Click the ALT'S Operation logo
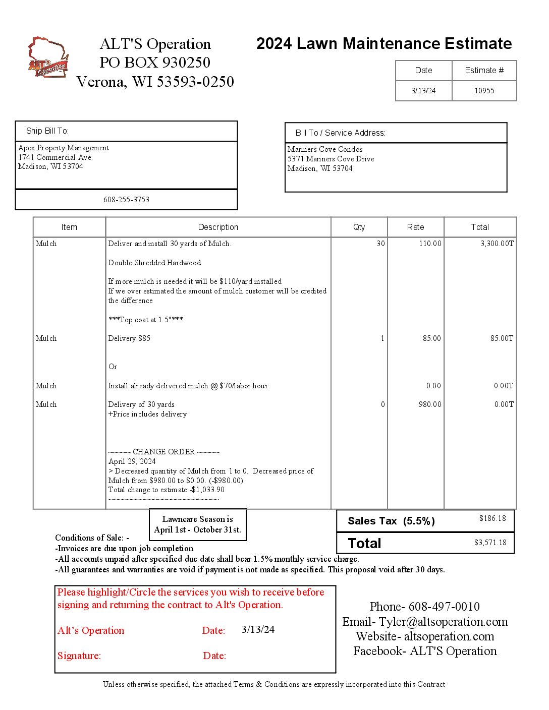pyautogui.click(x=48, y=57)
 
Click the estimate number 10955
pyautogui.click(x=484, y=91)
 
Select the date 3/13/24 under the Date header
pyautogui.click(x=423, y=91)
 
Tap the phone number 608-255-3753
pyautogui.click(x=126, y=200)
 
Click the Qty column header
pyautogui.click(x=359, y=227)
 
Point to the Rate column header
pyautogui.click(x=415, y=227)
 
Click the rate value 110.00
pyautogui.click(x=430, y=244)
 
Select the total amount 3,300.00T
pyautogui.click(x=497, y=244)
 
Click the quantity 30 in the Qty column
pyautogui.click(x=380, y=244)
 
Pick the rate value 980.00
pyautogui.click(x=430, y=404)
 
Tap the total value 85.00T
pyautogui.click(x=502, y=338)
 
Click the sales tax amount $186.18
pyautogui.click(x=492, y=518)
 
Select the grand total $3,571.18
pyautogui.click(x=490, y=543)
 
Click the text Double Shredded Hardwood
pyautogui.click(x=154, y=263)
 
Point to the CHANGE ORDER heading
pyautogui.click(x=163, y=452)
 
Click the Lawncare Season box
pyautogui.click(x=198, y=524)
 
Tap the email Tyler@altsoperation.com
pyautogui.click(x=443, y=622)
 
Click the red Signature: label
pyautogui.click(x=79, y=656)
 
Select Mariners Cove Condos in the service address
pyautogui.click(x=325, y=149)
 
